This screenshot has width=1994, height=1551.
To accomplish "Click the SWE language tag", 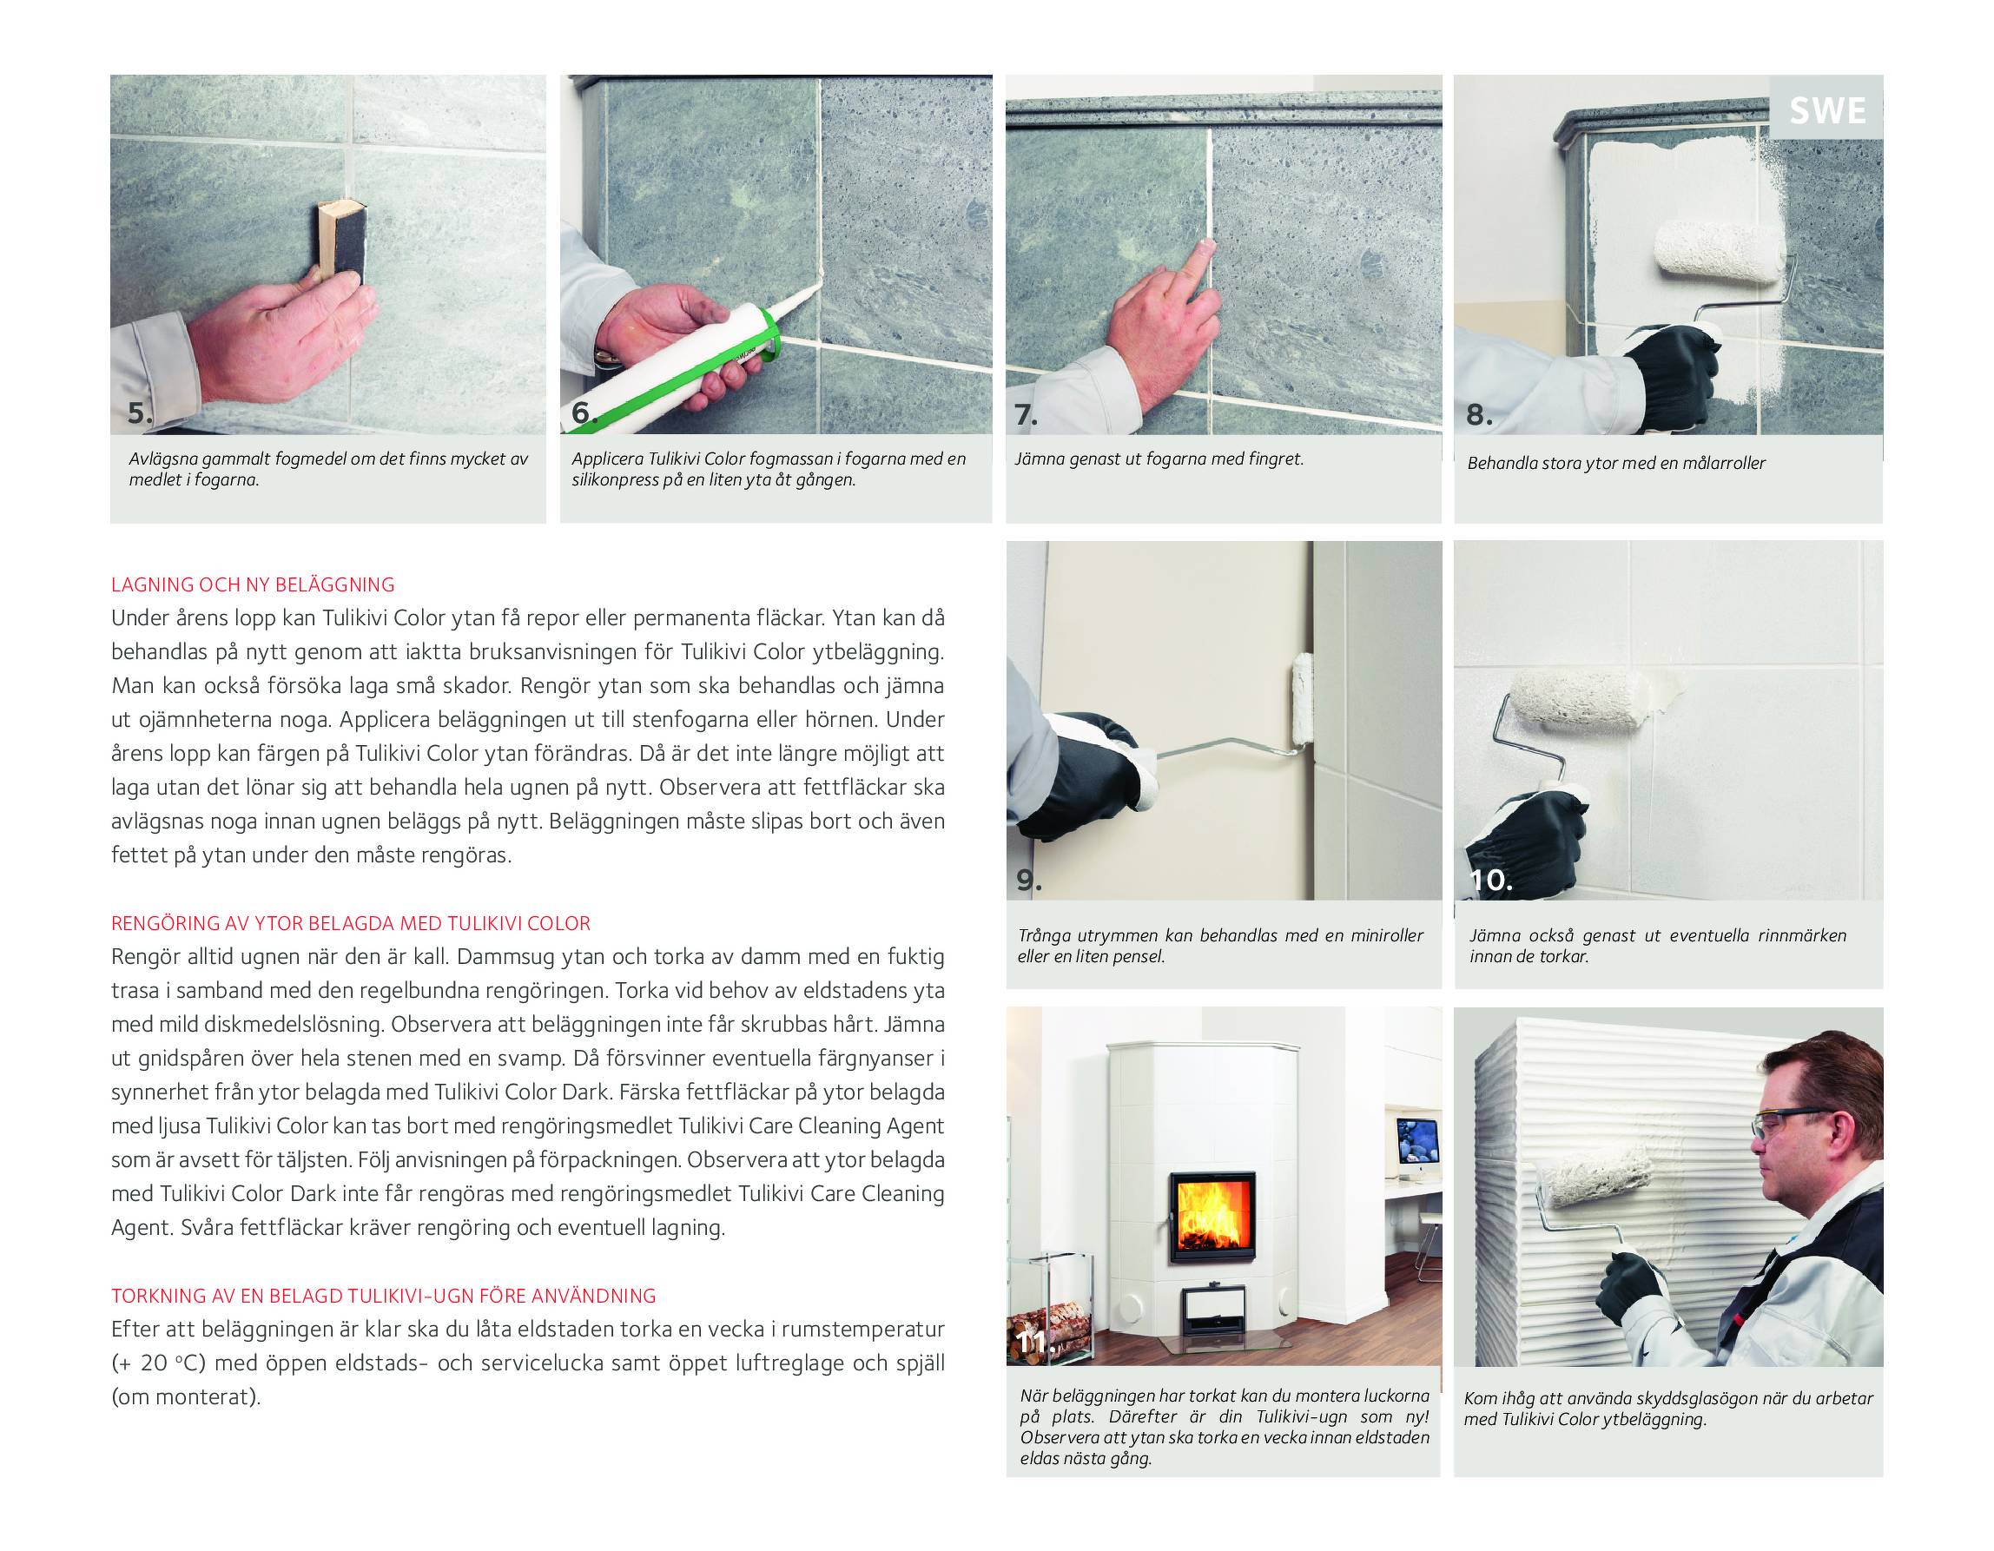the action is (1827, 110).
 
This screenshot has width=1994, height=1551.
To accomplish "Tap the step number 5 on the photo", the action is (140, 412).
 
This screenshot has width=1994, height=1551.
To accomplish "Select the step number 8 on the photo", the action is (1479, 414).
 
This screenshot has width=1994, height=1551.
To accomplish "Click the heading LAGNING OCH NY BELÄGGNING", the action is (253, 584).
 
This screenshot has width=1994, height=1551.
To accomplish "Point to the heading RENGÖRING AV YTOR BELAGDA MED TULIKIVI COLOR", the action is (351, 923).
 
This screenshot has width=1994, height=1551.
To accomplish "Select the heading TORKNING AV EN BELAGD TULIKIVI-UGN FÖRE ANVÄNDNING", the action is (384, 1296).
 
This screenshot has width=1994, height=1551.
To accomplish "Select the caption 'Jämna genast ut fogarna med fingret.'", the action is (1159, 459).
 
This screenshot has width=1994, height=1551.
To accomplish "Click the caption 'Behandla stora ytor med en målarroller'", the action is (1616, 463).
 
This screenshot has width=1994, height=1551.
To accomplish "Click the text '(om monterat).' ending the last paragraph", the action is (186, 1396).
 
